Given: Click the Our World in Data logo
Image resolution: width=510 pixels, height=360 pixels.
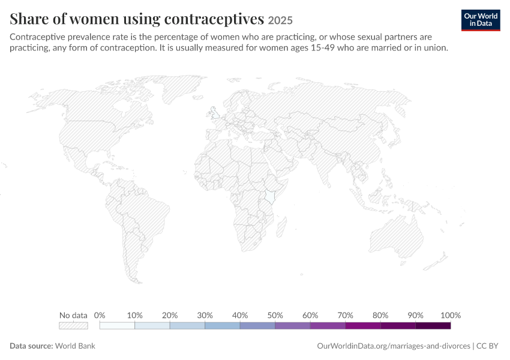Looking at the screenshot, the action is click(x=481, y=20).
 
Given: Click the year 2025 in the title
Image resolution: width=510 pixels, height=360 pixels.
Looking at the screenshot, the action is click(x=280, y=20).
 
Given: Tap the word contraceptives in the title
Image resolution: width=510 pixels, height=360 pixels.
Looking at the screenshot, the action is click(x=214, y=19).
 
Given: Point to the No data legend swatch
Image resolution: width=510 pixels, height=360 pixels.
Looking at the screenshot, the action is click(x=73, y=326).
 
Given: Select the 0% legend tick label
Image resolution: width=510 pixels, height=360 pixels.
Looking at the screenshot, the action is click(x=100, y=315).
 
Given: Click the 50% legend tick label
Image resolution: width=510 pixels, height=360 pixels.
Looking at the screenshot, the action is click(x=275, y=315).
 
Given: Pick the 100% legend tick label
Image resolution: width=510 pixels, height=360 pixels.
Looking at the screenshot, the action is click(x=451, y=315).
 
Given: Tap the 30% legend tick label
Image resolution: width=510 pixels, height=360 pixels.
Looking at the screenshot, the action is click(x=205, y=315).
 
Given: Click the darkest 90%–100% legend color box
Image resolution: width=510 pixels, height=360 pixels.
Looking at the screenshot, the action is click(x=433, y=326).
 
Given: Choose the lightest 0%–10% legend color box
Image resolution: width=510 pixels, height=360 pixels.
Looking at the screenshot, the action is click(x=117, y=326).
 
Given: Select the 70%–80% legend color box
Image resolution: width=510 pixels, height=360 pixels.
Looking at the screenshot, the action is click(x=363, y=326).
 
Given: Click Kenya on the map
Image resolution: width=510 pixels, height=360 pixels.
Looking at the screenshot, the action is click(x=270, y=196).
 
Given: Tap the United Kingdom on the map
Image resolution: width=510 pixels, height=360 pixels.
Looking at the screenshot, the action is click(x=214, y=113).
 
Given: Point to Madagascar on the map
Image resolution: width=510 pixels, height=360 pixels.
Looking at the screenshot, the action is click(x=281, y=227).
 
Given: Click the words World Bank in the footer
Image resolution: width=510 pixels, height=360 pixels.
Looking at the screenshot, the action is click(x=75, y=346).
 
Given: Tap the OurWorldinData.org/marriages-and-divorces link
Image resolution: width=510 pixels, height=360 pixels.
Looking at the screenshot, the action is click(x=394, y=346).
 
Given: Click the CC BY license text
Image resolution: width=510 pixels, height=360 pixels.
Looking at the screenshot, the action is click(x=487, y=346).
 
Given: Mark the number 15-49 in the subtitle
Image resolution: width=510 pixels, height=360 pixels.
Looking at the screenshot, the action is click(x=321, y=48).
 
